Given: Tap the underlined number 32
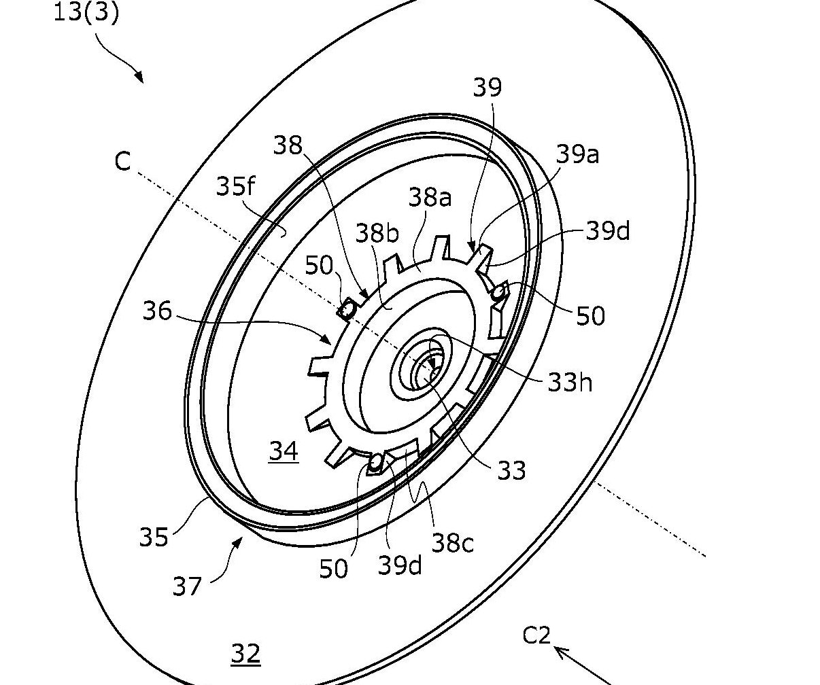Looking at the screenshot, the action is click(246, 654).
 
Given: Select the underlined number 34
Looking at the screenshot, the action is click(284, 451).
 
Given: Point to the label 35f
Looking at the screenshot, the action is click(236, 186).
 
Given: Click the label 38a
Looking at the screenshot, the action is click(430, 197).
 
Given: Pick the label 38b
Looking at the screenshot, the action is click(377, 233).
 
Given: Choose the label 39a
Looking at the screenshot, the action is click(577, 154).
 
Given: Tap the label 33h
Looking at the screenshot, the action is click(570, 382).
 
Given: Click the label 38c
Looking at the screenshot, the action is click(452, 543).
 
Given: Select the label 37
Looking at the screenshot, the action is click(187, 586).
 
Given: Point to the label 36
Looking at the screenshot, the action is click(157, 311).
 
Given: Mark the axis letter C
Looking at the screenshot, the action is click(122, 161).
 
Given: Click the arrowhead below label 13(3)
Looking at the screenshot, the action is click(139, 77).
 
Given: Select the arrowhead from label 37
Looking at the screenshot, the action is click(238, 543).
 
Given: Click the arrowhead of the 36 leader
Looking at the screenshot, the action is click(326, 338).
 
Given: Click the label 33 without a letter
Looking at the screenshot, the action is click(511, 470).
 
